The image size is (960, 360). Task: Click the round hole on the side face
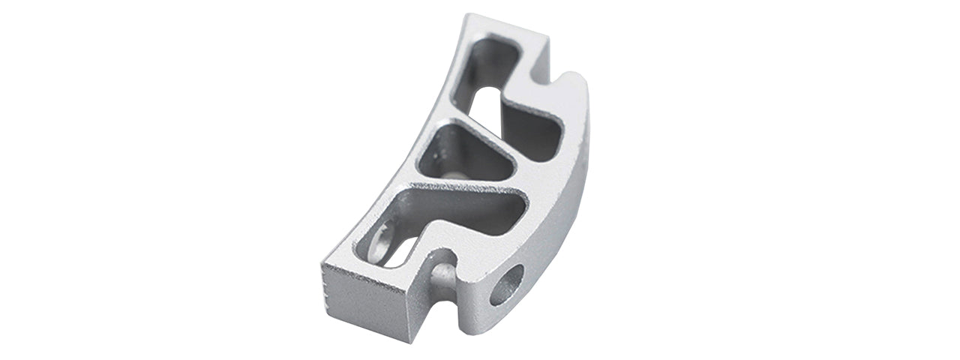click(x=507, y=284)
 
